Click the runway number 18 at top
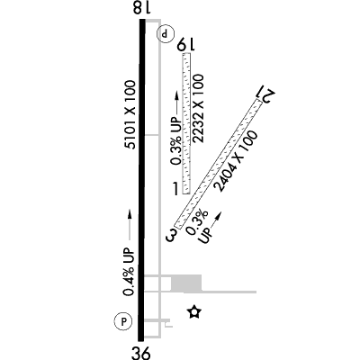pos(141,7)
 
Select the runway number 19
pos(186,45)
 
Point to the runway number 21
pos(265,94)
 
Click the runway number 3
pos(172,235)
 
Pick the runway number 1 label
pos(176,188)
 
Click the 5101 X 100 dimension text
pos(131,114)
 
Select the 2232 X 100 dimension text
pos(199,109)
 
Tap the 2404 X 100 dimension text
pos(236,161)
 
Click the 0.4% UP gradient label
pos(130,272)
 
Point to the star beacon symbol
pos(194,312)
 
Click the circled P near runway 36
pos(123,321)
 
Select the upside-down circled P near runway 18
pos(166,33)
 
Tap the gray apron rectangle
pos(186,283)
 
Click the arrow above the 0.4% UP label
pos(130,225)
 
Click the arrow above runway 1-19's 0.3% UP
pos(176,103)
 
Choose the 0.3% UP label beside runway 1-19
pos(176,141)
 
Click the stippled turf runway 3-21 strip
pos(219,164)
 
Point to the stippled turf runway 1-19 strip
pos(186,123)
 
